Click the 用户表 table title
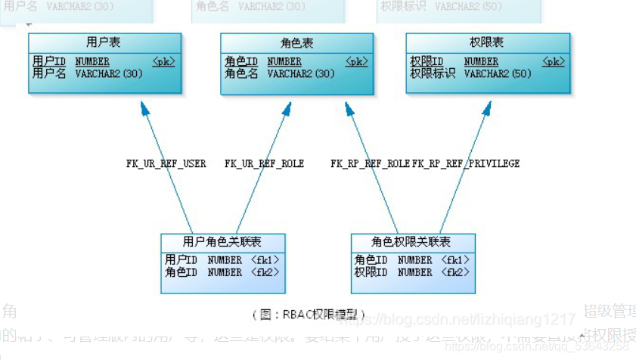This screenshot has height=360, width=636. coord(104,42)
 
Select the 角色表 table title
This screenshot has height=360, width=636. coord(296,42)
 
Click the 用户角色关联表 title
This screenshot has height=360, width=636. coord(222,242)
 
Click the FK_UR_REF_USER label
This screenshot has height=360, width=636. coord(166,163)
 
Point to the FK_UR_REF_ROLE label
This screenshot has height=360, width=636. coord(264,163)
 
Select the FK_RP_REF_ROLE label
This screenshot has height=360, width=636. coord(370,163)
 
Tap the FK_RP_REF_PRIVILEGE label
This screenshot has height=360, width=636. coord(466,163)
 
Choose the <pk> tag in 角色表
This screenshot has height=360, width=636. coord(357,62)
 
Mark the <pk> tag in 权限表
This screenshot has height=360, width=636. coord(553,62)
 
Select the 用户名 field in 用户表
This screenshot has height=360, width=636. coord(49,74)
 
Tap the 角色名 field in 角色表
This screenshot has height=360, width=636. coord(241,74)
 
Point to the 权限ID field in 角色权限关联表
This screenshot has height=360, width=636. coord(371,272)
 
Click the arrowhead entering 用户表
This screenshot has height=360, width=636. coord(144,108)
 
